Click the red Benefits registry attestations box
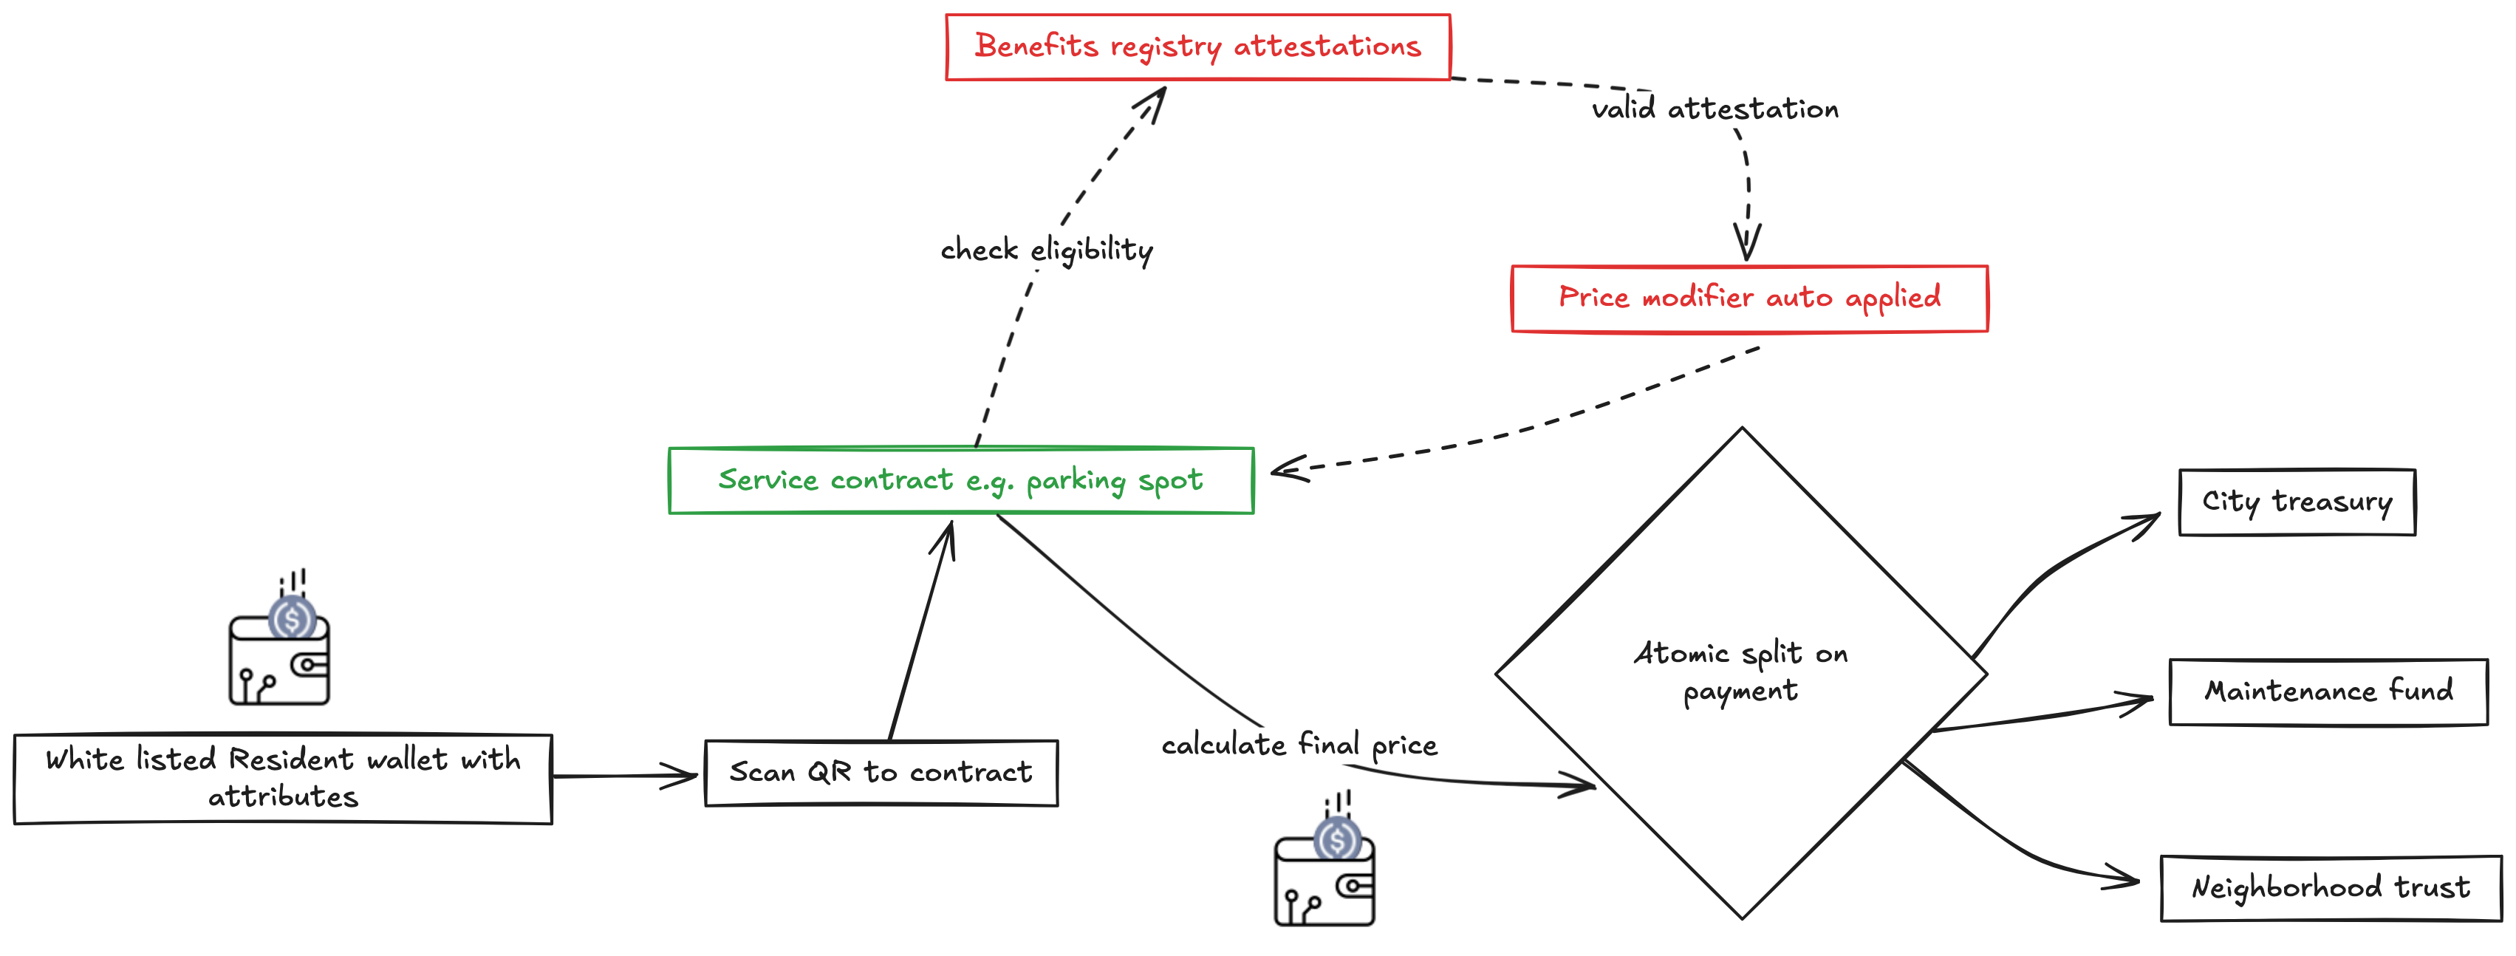pos(1197,47)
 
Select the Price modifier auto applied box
pos(1748,298)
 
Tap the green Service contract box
pos(960,480)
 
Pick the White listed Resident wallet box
pos(282,778)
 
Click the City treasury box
pos(2297,502)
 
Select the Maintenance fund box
pos(2328,692)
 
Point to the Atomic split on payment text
pos(1740,672)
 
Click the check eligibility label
pos(1046,250)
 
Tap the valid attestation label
pos(1714,109)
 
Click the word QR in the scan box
pos(830,773)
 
